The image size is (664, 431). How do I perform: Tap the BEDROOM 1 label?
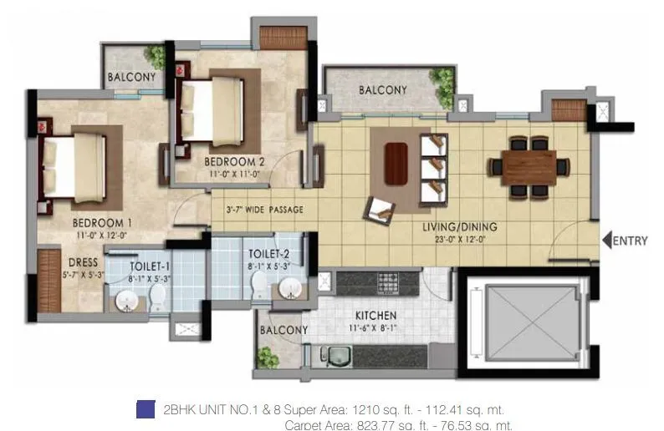pyautogui.click(x=101, y=223)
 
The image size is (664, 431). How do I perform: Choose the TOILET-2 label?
pyautogui.click(x=268, y=253)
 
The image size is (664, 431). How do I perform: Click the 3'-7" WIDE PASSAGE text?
pyautogui.click(x=264, y=210)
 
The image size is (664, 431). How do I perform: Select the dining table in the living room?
pyautogui.click(x=529, y=167)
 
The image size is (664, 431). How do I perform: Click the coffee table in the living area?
pyautogui.click(x=396, y=164)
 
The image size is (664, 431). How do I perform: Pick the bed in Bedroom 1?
pyautogui.click(x=74, y=166)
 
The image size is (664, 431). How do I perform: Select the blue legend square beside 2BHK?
pyautogui.click(x=146, y=409)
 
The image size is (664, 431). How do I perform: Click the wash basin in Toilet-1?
pyautogui.click(x=126, y=299)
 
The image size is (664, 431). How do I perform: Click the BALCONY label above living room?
pyautogui.click(x=382, y=90)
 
